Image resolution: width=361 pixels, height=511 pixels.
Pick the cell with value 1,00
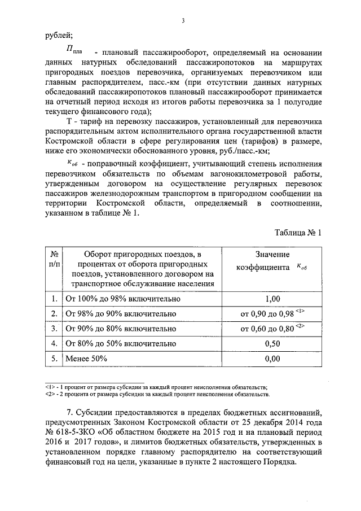tap(272, 299)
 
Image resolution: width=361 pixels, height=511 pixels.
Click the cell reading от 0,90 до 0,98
tap(272, 313)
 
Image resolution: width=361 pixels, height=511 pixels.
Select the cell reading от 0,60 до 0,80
tap(272, 328)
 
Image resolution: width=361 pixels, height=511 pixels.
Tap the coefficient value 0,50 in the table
tap(272, 343)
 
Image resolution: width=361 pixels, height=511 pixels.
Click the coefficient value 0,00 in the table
tap(272, 357)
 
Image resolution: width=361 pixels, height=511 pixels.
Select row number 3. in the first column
tap(54, 328)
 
